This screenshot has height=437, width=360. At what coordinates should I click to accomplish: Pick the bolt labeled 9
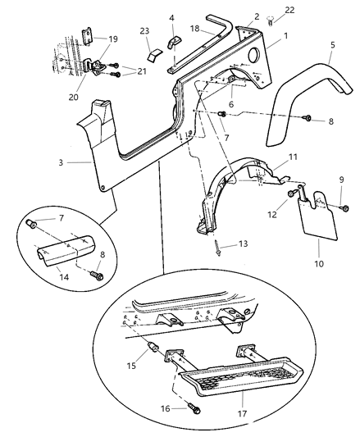click(x=342, y=208)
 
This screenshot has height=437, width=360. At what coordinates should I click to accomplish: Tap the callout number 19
click(x=113, y=39)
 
